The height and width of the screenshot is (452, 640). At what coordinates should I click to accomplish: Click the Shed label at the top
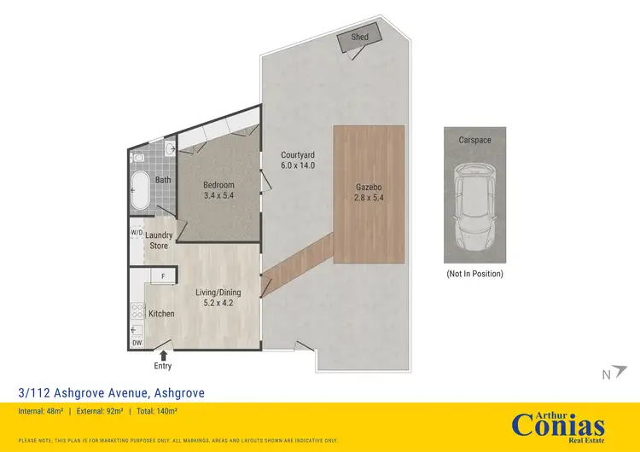click(359, 38)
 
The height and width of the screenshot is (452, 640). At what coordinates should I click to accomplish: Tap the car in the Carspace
click(474, 203)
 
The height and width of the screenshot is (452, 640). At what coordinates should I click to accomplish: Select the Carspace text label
click(474, 139)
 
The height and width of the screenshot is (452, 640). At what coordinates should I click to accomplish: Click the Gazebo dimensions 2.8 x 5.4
click(368, 197)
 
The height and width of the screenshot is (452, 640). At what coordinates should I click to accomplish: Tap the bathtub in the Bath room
click(139, 192)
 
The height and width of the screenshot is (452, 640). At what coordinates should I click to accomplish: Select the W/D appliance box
click(137, 232)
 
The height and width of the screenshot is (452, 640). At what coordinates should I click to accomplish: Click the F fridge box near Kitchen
click(162, 275)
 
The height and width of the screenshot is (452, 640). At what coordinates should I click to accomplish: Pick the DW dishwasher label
click(137, 343)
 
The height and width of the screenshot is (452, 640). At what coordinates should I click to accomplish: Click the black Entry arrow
click(163, 353)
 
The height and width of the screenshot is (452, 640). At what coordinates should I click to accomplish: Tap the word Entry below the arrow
click(163, 366)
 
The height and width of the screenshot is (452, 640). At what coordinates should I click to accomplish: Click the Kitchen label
click(161, 314)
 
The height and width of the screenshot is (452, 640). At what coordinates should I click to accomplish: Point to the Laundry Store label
click(160, 240)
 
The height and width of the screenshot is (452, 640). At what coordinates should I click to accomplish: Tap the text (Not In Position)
click(474, 274)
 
